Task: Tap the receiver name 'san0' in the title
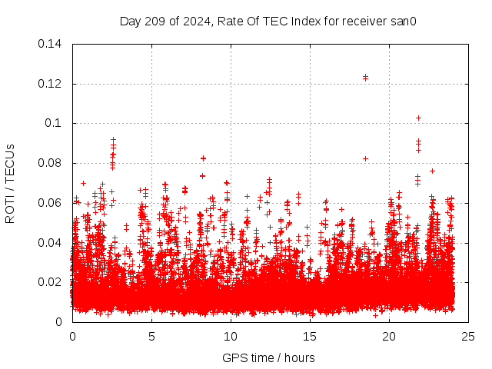(402, 22)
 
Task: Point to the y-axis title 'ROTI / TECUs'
(11, 183)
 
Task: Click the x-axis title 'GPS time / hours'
(268, 357)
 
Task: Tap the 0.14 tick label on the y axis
(52, 44)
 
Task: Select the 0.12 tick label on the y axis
(52, 83)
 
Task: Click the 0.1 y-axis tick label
(55, 123)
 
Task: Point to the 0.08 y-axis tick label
(52, 163)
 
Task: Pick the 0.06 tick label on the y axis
(52, 202)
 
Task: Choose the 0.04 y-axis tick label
(52, 242)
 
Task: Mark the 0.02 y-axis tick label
(52, 282)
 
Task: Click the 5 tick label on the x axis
(151, 336)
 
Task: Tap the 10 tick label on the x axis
(231, 336)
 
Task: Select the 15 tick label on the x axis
(310, 336)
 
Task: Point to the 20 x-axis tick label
(389, 336)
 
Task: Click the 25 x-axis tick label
(468, 336)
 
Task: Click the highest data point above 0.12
(365, 77)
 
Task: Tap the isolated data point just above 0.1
(418, 118)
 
